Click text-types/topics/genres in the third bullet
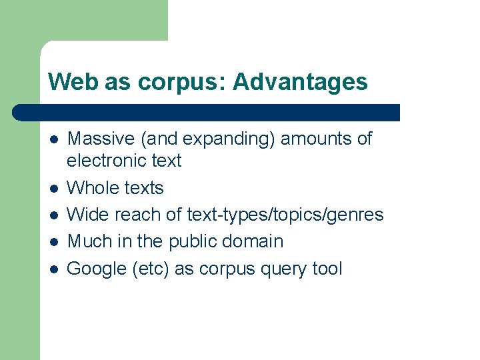[x=285, y=215]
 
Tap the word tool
[x=327, y=269]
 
